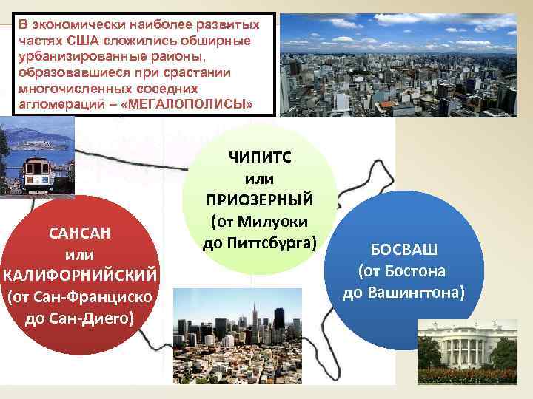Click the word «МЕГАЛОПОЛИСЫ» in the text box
coord(191,105)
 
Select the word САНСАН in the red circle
coord(79,233)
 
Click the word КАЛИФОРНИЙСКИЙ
coord(80,276)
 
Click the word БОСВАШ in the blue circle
coord(403,249)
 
